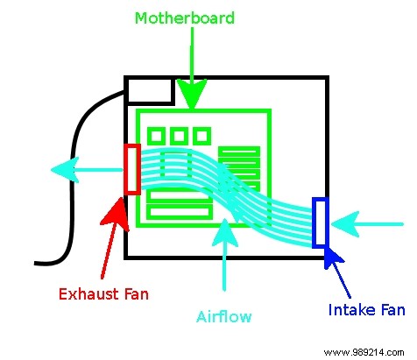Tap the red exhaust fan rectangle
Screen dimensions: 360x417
(132, 168)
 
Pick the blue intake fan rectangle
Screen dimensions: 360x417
(320, 222)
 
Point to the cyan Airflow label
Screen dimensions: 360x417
(225, 316)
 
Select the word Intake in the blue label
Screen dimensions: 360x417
(350, 309)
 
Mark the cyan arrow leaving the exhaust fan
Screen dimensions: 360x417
(84, 168)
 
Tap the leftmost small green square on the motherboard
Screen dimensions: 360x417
(157, 136)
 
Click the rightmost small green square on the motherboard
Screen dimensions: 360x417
(201, 136)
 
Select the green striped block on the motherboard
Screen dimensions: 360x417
(238, 166)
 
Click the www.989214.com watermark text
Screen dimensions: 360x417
(361, 348)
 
